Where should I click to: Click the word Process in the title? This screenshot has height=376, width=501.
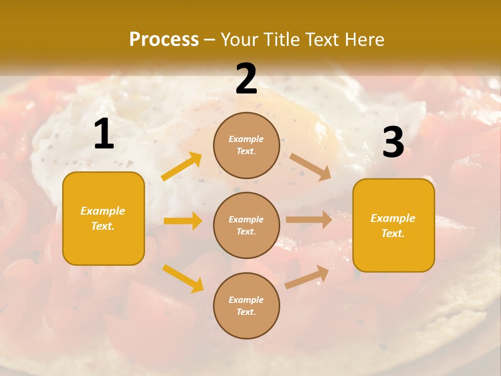(x=164, y=40)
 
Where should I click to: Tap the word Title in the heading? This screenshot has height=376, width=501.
(x=280, y=40)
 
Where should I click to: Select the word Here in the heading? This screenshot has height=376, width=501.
(x=363, y=40)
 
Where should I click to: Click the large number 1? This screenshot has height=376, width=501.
(x=104, y=134)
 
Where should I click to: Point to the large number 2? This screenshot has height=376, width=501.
(x=246, y=79)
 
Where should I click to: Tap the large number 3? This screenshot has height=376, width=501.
(x=393, y=143)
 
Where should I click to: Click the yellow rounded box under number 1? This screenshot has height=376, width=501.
(x=103, y=218)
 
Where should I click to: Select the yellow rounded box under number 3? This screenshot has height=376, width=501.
(x=393, y=225)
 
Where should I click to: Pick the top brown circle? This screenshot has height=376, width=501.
(x=246, y=145)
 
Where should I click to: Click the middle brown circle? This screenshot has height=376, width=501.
(x=246, y=225)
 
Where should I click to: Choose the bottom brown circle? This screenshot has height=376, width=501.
(x=246, y=305)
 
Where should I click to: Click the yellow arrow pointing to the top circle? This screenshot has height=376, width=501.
(x=182, y=167)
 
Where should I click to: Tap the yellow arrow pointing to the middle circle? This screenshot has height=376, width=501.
(x=183, y=221)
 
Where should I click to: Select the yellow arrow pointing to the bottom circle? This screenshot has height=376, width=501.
(x=183, y=278)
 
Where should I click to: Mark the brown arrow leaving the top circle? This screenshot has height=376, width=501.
(x=311, y=167)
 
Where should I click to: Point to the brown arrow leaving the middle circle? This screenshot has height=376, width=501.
(x=309, y=220)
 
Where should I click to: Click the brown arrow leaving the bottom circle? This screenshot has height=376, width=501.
(x=307, y=277)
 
